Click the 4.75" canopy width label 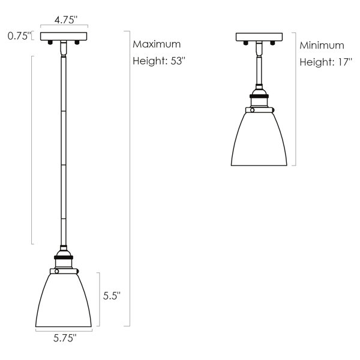point(64,20)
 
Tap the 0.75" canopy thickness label point(17,36)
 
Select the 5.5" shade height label point(112,295)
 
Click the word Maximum point(156,44)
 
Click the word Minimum point(322,45)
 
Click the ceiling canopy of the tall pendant point(64,36)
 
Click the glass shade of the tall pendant point(64,300)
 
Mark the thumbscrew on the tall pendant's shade point(56,271)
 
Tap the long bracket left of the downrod point(32,150)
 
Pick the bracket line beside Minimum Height point(295,99)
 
